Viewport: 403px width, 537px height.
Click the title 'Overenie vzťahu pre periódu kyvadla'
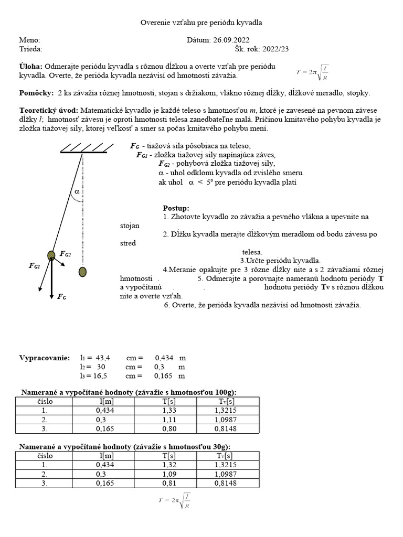pyautogui.click(x=201, y=23)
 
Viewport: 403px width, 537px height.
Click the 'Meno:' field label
pyautogui.click(x=29, y=40)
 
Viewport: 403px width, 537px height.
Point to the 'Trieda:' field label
pyautogui.click(x=31, y=49)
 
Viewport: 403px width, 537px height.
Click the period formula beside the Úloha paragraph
pyautogui.click(x=313, y=72)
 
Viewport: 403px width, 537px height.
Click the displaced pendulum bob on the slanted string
pyautogui.click(x=51, y=255)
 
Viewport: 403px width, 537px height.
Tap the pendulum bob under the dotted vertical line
pyautogui.click(x=82, y=272)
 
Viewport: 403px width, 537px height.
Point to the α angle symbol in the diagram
pyautogui.click(x=77, y=192)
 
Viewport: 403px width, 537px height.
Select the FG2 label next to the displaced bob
pyautogui.click(x=66, y=254)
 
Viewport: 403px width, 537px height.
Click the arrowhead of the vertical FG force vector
pyautogui.click(x=51, y=296)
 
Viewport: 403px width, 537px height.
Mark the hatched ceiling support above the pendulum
pyautogui.click(x=83, y=148)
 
